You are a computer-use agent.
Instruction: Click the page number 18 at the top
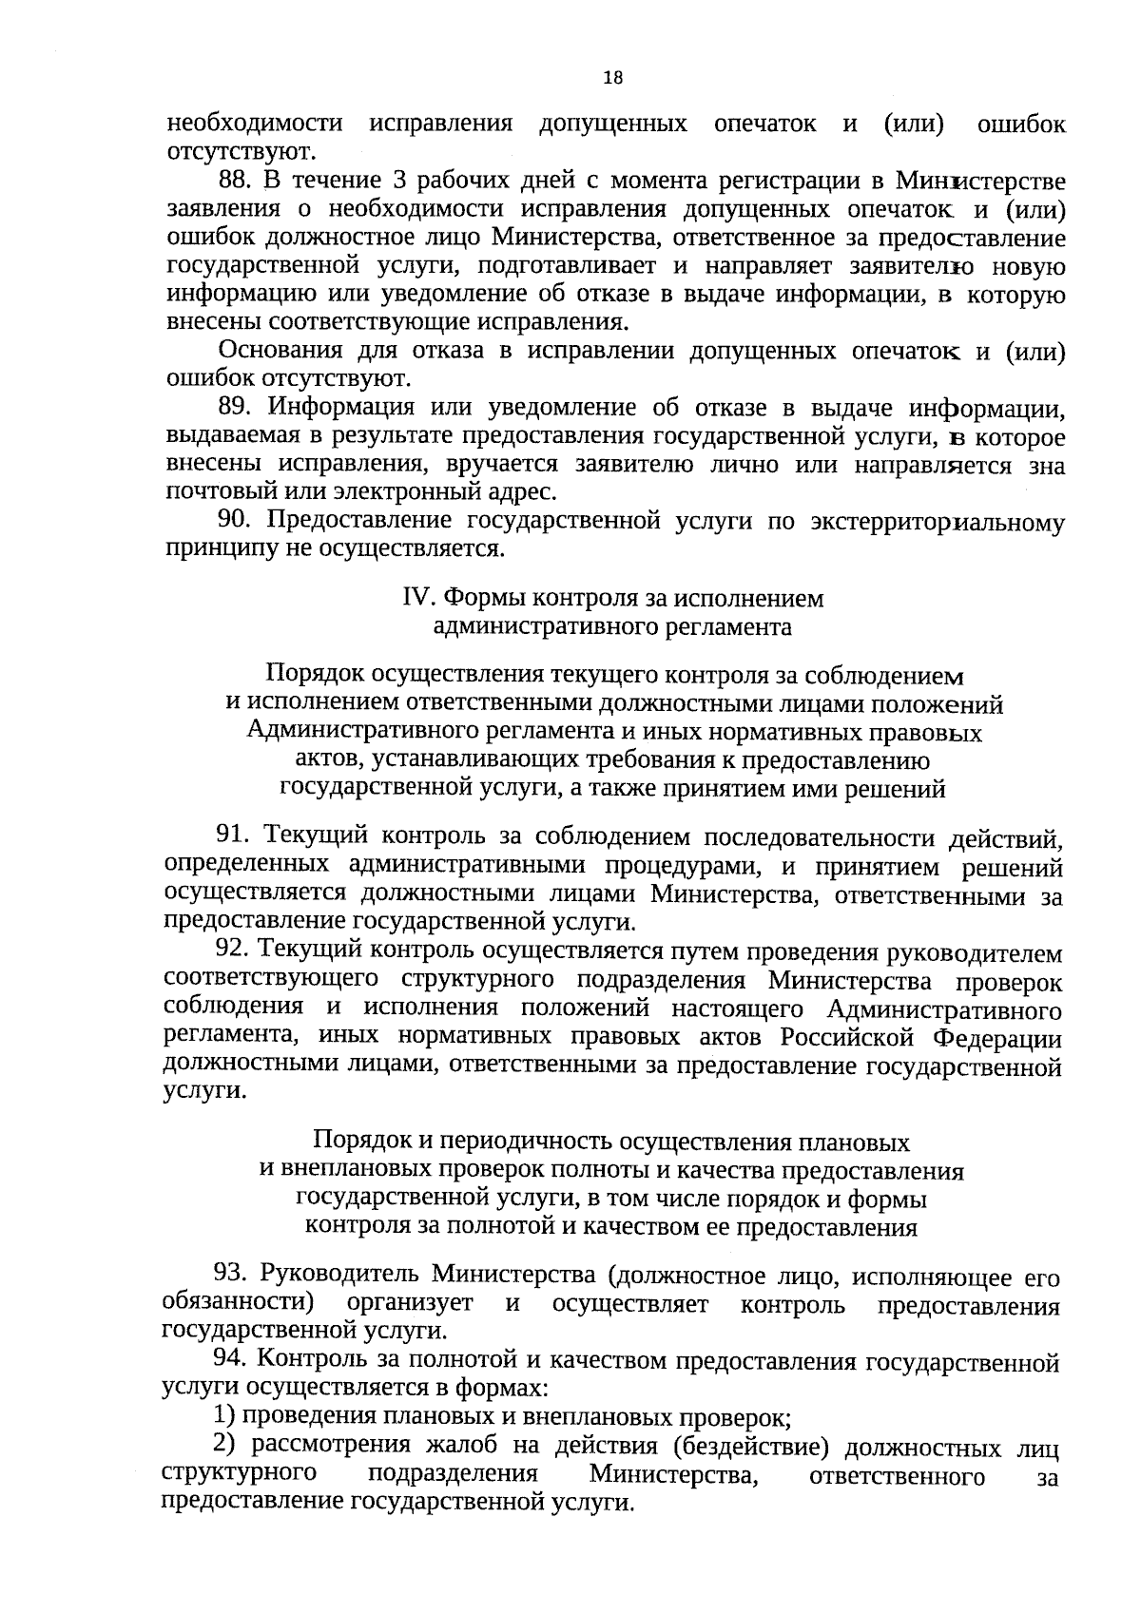point(612,80)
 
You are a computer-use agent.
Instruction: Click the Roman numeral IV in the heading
point(417,599)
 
